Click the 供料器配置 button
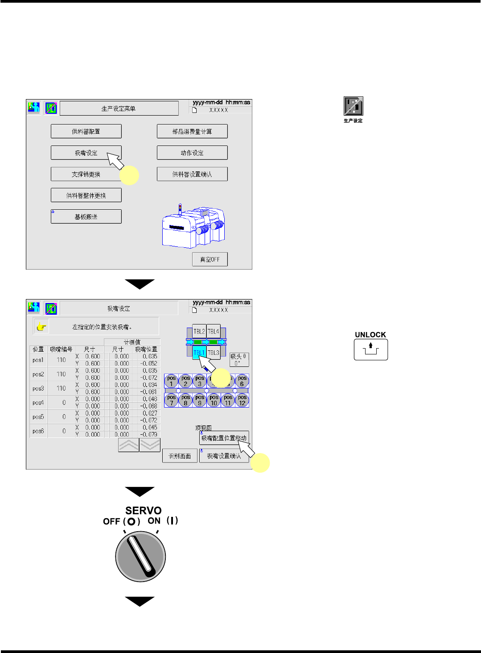coord(86,131)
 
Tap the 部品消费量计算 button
coord(192,131)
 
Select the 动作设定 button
coord(192,153)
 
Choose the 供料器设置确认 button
coord(192,174)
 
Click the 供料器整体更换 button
coord(86,195)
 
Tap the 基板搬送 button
coord(86,216)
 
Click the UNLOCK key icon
coord(370,349)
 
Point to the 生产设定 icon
coord(353,106)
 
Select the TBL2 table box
coord(199,332)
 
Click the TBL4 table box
coord(214,332)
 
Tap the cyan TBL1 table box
coord(199,352)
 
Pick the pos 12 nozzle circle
coord(242,400)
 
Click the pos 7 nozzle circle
coord(171,400)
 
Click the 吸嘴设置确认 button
coord(224,456)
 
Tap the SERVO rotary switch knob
coord(140,556)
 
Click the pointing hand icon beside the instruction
coord(41,327)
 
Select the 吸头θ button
coord(238,359)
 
